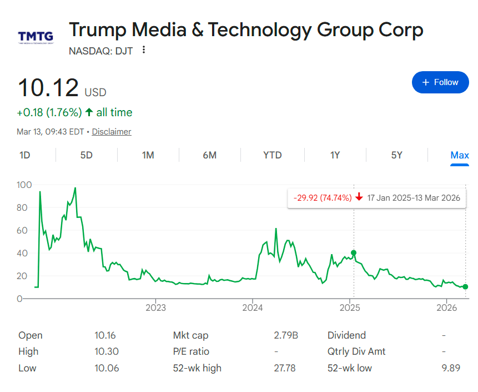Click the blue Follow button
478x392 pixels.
point(440,82)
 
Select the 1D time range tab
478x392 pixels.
point(24,155)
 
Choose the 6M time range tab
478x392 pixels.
point(209,155)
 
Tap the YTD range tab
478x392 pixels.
point(272,155)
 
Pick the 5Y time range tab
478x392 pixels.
point(396,155)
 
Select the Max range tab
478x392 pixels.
point(459,155)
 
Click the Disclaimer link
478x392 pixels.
point(112,132)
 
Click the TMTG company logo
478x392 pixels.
point(36,37)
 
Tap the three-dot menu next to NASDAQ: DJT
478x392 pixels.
point(144,50)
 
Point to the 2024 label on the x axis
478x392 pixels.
point(253,307)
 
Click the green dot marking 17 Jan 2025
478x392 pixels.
point(354,253)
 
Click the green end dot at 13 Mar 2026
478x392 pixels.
point(465,287)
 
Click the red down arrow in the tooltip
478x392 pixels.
point(359,197)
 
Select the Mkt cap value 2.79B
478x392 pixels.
point(286,335)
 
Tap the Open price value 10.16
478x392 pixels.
point(105,335)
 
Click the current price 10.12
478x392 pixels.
point(48,88)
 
